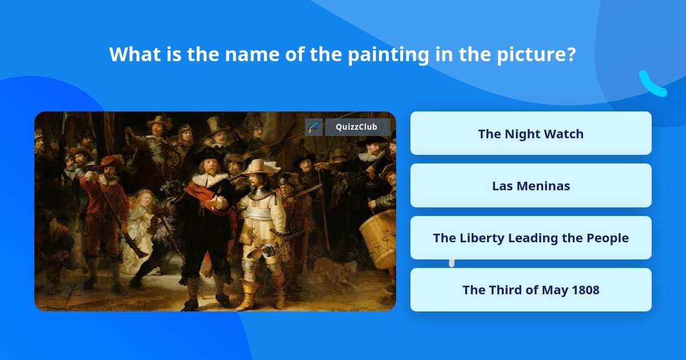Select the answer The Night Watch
(x=531, y=134)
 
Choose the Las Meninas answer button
(x=531, y=186)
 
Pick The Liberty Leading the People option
(x=531, y=238)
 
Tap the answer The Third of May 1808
(x=531, y=290)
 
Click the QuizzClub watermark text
(x=356, y=127)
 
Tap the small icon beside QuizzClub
(x=313, y=127)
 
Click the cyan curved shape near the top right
(x=652, y=85)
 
